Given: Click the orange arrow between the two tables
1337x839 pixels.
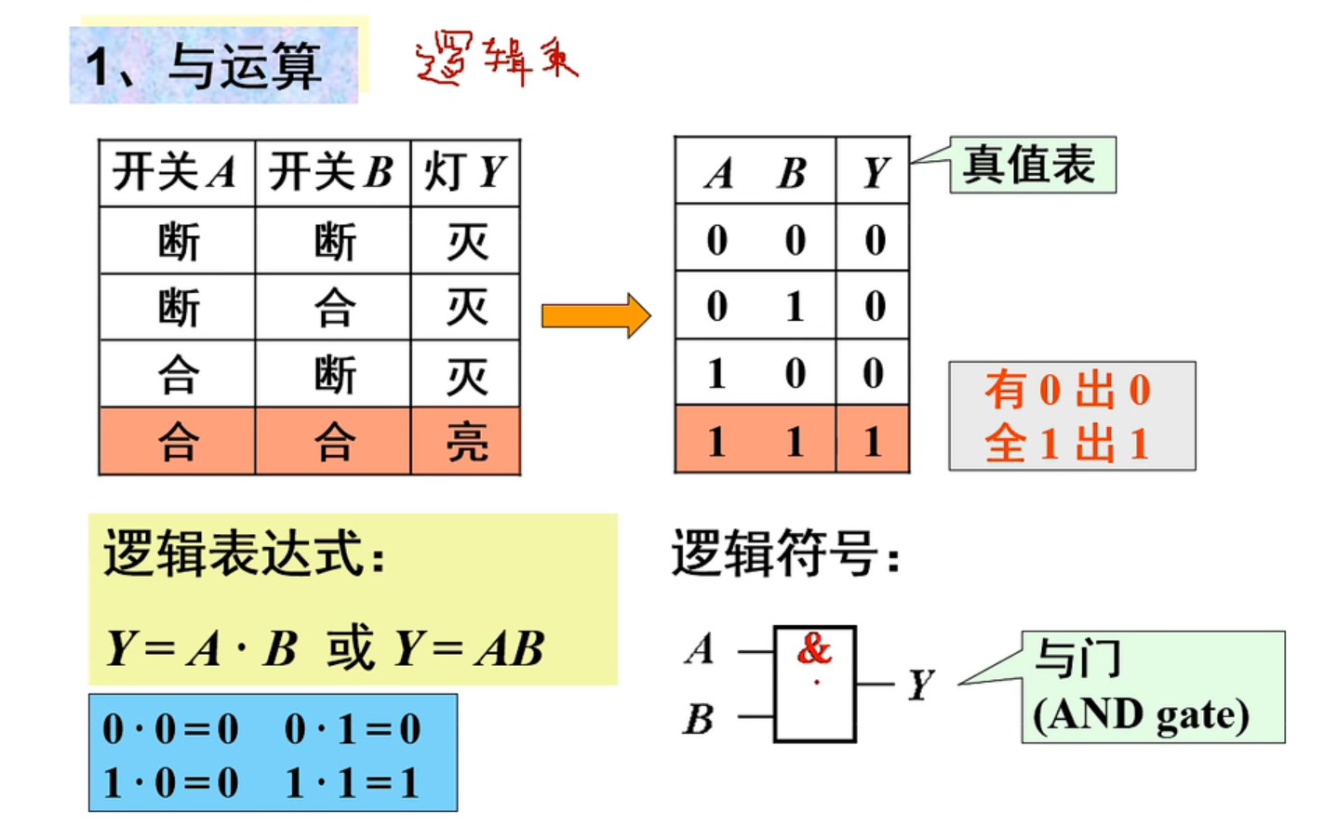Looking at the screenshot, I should click(x=595, y=315).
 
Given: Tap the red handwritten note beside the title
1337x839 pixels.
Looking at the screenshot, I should click(x=496, y=59).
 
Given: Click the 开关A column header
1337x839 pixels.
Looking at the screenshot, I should click(x=175, y=172).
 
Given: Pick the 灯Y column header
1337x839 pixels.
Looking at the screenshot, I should click(x=464, y=172).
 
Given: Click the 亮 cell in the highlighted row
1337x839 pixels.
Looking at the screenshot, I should click(x=466, y=441).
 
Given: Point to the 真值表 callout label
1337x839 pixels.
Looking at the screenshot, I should click(x=1030, y=166).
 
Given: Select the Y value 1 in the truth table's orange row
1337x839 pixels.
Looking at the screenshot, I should click(x=872, y=441).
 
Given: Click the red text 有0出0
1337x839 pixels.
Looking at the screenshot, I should click(x=1068, y=390).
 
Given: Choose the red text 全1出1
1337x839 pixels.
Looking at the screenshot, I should click(x=1068, y=443).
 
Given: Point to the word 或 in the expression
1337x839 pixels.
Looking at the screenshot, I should click(x=350, y=648).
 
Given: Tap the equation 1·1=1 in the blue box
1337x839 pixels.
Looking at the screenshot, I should click(x=353, y=783).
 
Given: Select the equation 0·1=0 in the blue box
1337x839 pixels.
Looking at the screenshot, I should click(x=353, y=729).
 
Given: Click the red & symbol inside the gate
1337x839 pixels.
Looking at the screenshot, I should click(x=814, y=648).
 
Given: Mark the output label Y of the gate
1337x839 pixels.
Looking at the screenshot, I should click(x=920, y=685).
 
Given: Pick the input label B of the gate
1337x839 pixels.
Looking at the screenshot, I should click(x=699, y=719).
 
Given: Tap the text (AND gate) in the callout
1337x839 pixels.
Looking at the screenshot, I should click(x=1141, y=714).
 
